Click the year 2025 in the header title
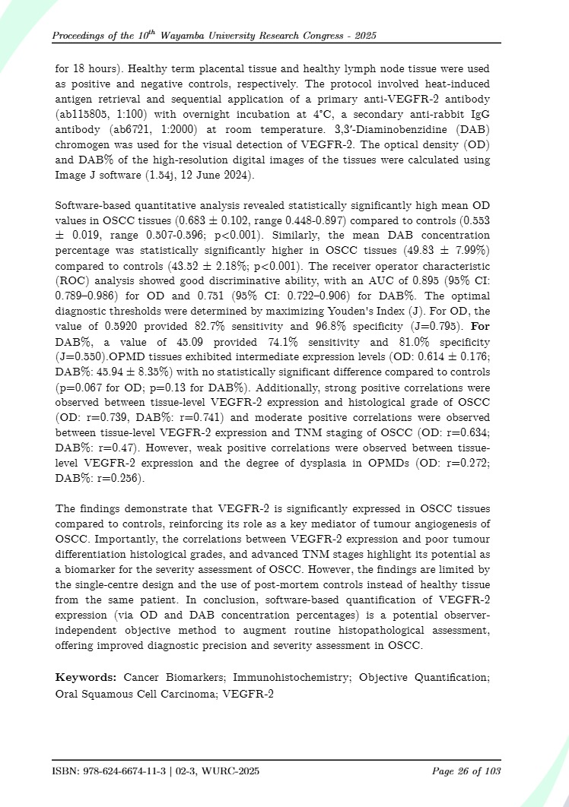coord(364,36)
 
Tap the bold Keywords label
coord(84,677)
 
